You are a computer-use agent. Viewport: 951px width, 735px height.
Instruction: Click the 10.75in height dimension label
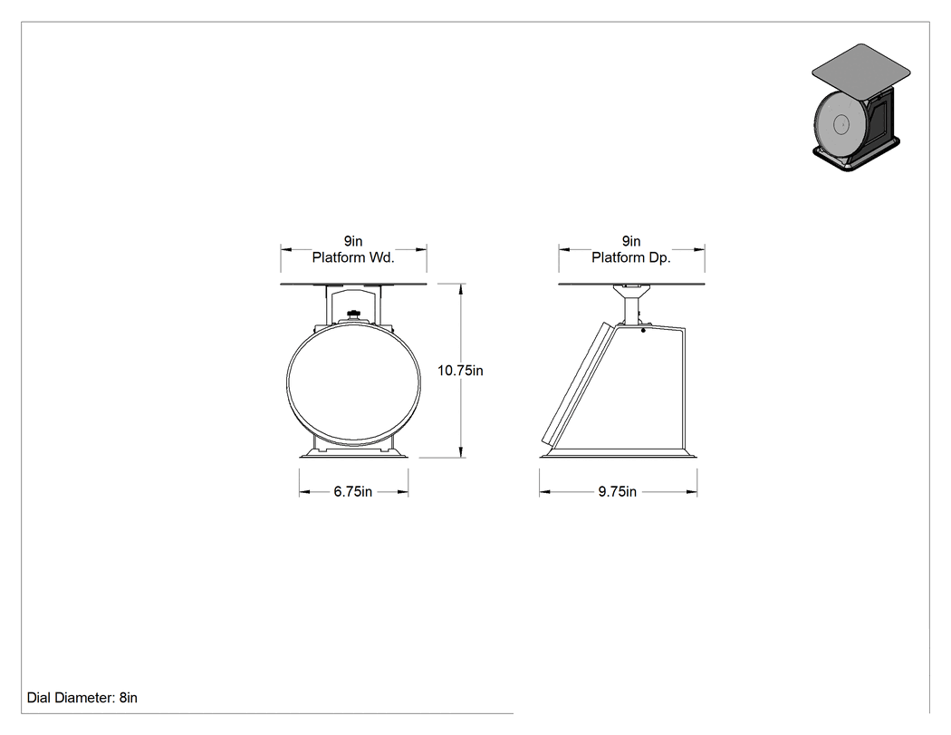[x=460, y=371]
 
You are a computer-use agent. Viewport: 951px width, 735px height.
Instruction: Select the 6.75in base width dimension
[x=353, y=491]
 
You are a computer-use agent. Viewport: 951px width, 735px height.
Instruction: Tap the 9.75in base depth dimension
[x=618, y=491]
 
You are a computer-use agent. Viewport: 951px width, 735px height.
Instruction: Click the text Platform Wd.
[x=353, y=257]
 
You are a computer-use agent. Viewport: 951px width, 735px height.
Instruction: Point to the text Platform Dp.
[x=630, y=257]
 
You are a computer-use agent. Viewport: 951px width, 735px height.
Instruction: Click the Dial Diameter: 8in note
[x=82, y=698]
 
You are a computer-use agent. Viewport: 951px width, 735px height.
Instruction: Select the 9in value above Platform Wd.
[x=353, y=241]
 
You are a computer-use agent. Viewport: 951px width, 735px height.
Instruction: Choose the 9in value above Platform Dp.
[x=630, y=241]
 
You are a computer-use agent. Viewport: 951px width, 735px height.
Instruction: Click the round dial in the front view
[x=287, y=382]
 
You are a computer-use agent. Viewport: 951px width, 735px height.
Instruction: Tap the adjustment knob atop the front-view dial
[x=352, y=314]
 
